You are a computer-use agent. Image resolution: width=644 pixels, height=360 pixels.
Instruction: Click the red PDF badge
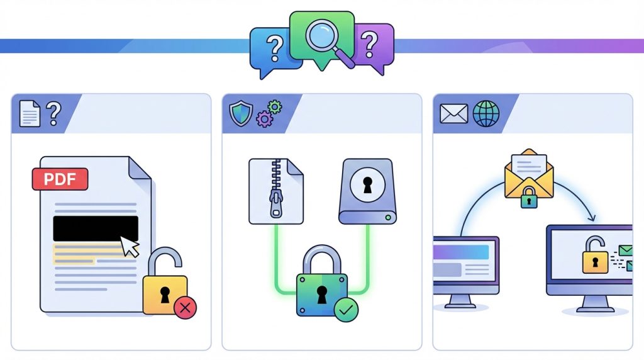(60, 179)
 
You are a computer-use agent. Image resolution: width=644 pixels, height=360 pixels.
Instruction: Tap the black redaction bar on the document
(96, 228)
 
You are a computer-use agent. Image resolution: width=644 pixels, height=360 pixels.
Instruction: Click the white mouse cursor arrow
(130, 246)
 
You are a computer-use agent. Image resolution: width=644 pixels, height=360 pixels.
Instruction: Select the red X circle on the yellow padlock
(185, 307)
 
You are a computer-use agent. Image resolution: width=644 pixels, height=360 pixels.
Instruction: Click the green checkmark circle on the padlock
(346, 310)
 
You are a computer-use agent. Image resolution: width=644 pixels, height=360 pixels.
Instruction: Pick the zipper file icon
(276, 191)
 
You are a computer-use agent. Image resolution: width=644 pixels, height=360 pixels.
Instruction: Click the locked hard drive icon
(367, 191)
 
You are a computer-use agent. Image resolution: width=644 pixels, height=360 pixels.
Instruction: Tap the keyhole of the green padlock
(321, 295)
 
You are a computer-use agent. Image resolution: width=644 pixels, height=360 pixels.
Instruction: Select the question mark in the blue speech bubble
(275, 48)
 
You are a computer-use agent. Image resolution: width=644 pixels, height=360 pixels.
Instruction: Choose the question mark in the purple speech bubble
(369, 44)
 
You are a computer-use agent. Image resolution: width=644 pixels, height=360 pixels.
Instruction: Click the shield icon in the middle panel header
(241, 114)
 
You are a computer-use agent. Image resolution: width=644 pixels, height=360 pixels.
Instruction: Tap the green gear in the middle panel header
(275, 107)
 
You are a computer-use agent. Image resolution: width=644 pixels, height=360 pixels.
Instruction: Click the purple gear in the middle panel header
(264, 119)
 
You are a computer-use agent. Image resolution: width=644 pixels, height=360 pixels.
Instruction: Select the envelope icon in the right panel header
(454, 114)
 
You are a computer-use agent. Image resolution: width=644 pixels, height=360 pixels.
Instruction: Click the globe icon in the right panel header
(486, 114)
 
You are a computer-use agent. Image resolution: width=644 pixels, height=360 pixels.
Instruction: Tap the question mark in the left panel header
(53, 113)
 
